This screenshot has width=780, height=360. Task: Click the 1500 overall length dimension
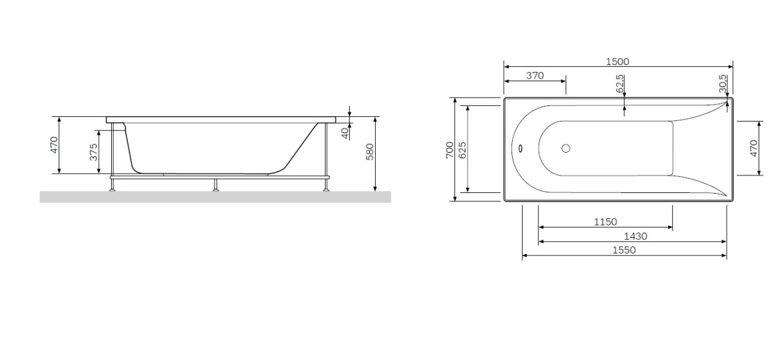coord(617,62)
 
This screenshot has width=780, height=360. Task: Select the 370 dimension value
coord(534,75)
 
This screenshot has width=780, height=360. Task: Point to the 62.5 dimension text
coord(620,83)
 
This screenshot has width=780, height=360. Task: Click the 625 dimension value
coord(463,149)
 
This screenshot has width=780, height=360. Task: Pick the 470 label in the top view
coord(754,148)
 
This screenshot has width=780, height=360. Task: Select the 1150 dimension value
coord(605,222)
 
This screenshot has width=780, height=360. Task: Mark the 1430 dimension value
coord(634,237)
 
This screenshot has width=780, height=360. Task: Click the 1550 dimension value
coord(623,251)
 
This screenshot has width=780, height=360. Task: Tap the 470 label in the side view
coord(55,145)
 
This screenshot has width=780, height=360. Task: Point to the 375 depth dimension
coord(94,152)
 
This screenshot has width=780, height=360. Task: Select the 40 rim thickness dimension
coord(345,133)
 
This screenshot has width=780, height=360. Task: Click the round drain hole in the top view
coord(565,148)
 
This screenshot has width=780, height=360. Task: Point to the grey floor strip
coord(215,197)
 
